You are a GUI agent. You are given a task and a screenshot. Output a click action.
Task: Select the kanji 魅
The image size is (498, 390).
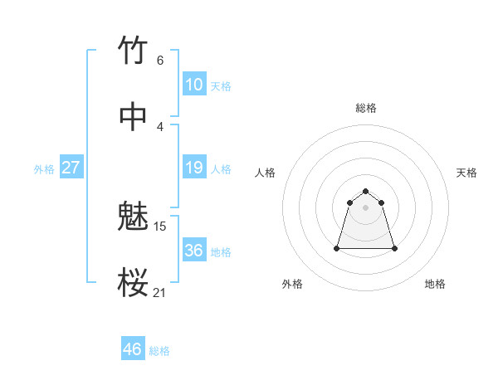[134, 217]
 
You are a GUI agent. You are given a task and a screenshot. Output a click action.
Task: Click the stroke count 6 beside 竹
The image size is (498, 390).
[159, 60]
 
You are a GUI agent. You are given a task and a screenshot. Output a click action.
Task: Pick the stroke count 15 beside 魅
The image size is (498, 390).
[160, 226]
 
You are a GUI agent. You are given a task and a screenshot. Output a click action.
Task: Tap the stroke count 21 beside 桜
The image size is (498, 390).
[160, 292]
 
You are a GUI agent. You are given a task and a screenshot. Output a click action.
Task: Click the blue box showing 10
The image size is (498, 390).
[193, 85]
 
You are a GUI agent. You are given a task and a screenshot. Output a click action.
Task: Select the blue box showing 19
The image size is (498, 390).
[193, 168]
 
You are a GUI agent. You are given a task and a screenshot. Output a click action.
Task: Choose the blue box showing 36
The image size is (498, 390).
[193, 251]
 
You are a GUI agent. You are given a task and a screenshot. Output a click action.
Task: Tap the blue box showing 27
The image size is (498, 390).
[71, 168]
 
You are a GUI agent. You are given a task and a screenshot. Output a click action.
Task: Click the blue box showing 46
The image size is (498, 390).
[132, 349]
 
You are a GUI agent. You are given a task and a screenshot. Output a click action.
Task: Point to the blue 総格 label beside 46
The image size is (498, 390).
[159, 351]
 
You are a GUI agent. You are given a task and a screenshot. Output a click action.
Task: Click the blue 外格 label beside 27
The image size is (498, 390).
[44, 169]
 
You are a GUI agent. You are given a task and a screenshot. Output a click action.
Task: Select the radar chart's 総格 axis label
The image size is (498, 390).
[366, 108]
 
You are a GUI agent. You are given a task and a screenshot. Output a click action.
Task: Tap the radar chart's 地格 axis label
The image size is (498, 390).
[435, 284]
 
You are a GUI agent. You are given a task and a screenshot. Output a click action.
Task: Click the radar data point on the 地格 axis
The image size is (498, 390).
[394, 248]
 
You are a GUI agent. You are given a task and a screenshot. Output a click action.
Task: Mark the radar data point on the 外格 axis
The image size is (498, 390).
[338, 248]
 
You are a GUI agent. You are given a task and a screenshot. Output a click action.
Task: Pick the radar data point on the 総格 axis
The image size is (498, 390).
[366, 188]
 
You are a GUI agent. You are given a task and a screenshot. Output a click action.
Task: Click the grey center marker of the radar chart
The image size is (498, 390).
[366, 207]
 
